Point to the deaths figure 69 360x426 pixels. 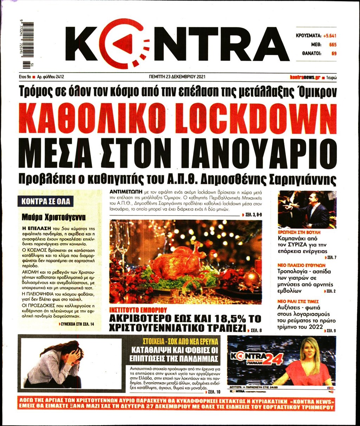[334, 54]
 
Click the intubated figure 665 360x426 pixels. [332, 45]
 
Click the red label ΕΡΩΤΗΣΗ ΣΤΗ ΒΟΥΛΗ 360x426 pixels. [299, 232]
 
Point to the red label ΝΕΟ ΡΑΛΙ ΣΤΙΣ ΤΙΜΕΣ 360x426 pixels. [298, 301]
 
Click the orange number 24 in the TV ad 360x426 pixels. [273, 359]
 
